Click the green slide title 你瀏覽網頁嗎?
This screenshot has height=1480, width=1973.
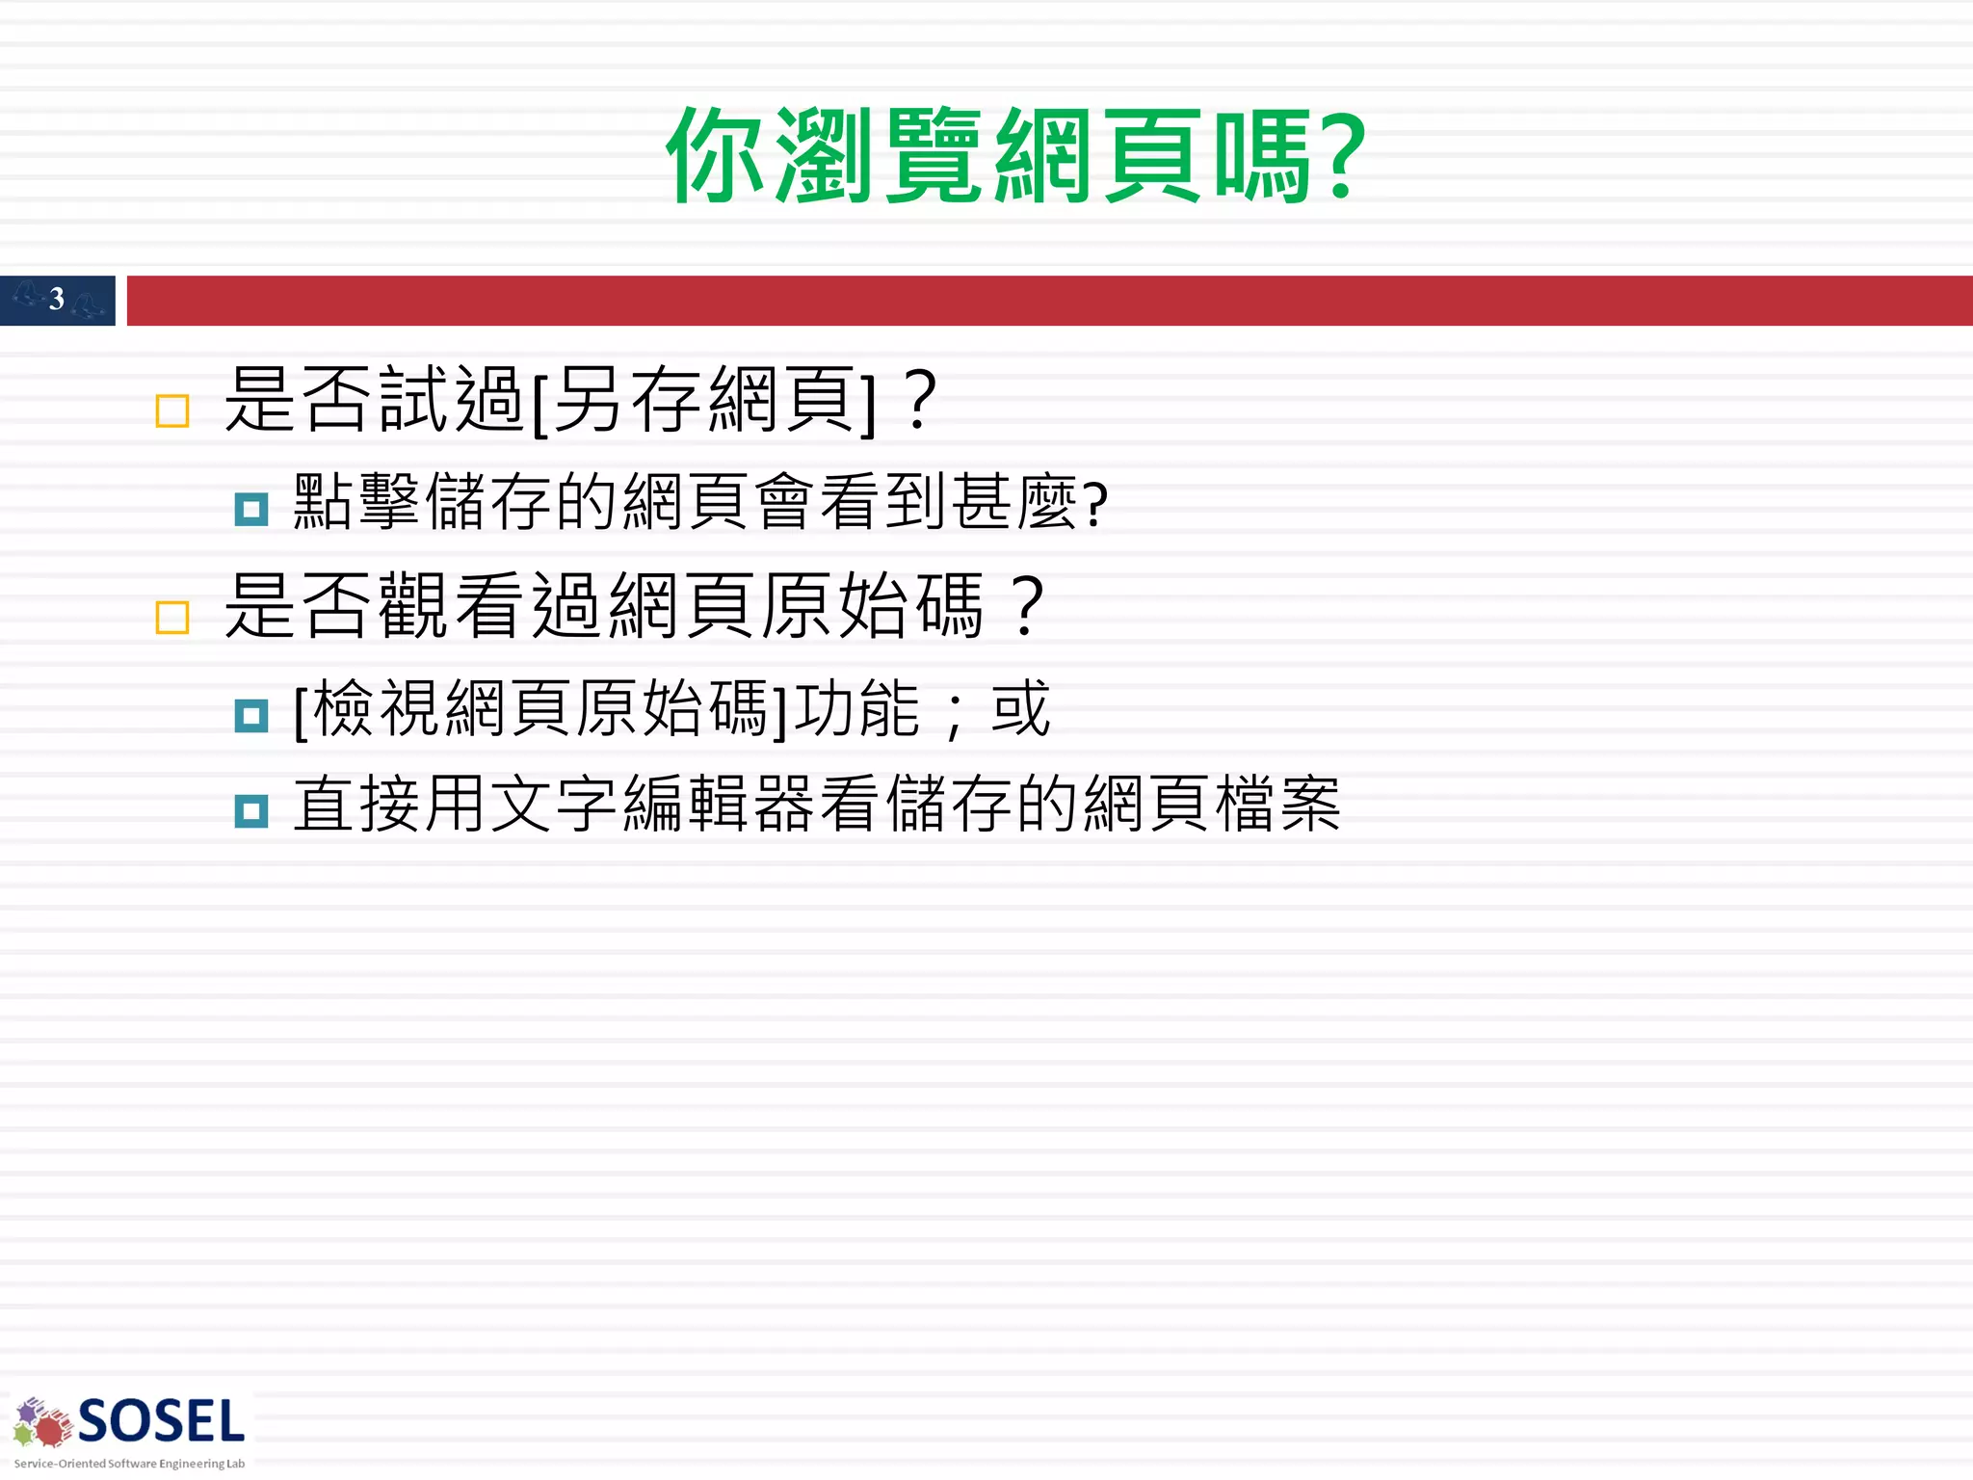(x=1015, y=157)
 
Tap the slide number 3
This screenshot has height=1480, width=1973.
(x=57, y=300)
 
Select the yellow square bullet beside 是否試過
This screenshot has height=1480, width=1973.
(x=172, y=411)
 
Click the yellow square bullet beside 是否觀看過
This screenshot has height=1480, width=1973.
(x=172, y=618)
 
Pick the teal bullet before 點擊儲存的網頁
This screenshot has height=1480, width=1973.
(x=251, y=509)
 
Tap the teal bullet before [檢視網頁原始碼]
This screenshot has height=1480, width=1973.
(x=251, y=715)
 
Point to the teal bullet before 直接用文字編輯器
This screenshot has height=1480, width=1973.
(x=251, y=811)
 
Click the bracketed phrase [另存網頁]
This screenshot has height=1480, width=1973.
(x=704, y=401)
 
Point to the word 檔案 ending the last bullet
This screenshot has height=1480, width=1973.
(x=1277, y=806)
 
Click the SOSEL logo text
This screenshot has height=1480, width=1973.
(x=161, y=1422)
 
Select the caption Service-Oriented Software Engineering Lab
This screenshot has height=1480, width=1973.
(x=129, y=1464)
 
